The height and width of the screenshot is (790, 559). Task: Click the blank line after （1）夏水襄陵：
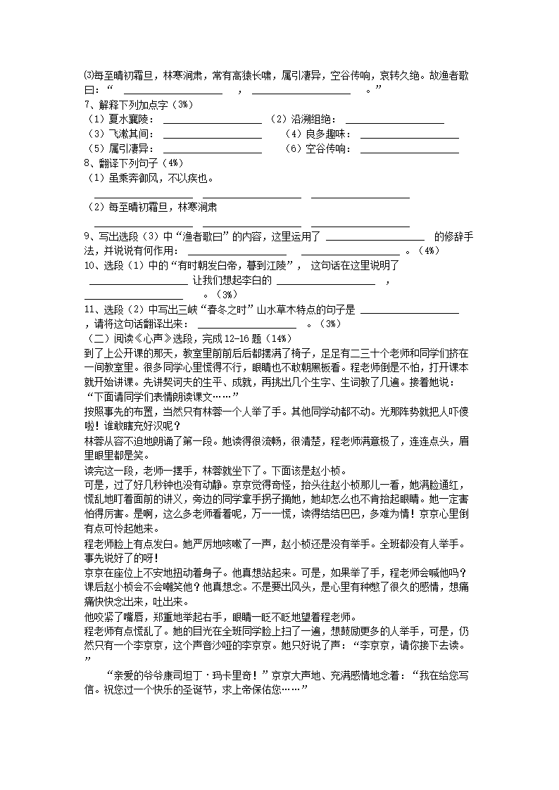(212, 120)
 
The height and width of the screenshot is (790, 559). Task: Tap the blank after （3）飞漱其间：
(212, 134)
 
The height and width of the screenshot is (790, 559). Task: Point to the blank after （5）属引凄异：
(212, 149)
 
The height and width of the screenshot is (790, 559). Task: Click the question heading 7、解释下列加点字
(127, 105)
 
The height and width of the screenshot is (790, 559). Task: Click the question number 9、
(89, 236)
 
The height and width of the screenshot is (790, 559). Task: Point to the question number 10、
(92, 265)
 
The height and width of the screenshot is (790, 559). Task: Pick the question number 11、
(92, 309)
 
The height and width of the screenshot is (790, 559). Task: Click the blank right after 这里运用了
(375, 237)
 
